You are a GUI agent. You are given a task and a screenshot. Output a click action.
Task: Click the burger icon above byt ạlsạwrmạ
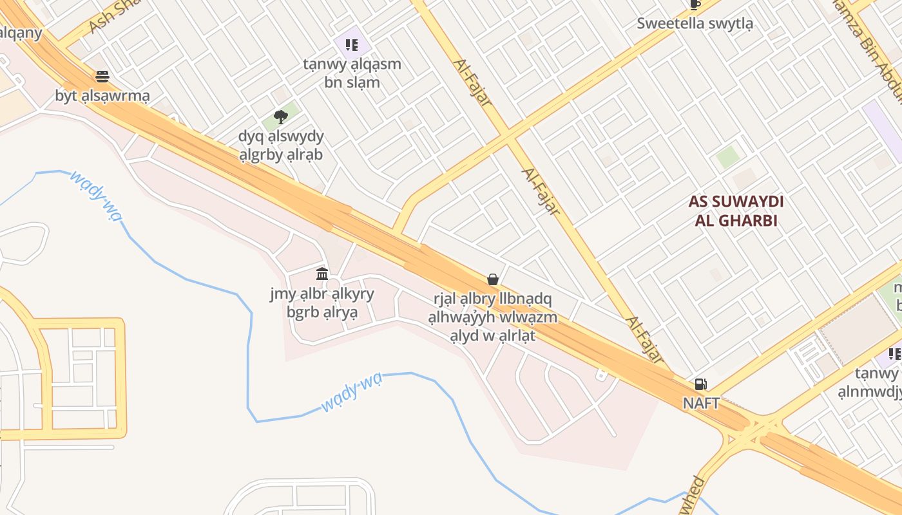pos(102,77)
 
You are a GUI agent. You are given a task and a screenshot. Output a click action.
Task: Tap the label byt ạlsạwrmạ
pos(102,96)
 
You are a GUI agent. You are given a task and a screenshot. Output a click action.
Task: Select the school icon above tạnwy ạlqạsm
pos(351,44)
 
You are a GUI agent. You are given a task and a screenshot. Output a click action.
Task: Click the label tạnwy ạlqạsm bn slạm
pos(352,73)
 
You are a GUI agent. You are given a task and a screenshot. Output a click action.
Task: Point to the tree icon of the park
pos(280,117)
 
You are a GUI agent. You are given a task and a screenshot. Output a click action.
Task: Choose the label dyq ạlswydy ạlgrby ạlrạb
pos(281,145)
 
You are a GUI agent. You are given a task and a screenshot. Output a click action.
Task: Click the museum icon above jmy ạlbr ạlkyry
pos(322,274)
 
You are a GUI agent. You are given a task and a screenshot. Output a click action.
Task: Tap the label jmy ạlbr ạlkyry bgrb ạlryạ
pos(322,303)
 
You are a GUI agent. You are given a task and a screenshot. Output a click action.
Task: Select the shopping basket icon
pos(493,279)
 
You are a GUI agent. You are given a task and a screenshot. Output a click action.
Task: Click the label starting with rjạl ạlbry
pos(493,317)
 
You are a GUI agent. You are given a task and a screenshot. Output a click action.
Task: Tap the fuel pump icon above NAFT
pos(700,384)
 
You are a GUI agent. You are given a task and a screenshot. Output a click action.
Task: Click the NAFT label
pos(701,403)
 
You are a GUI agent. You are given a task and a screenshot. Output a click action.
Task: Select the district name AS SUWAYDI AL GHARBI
pos(736,211)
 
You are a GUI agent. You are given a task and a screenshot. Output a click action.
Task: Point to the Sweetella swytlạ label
pos(695,24)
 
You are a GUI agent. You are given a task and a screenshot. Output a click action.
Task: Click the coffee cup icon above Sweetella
pos(695,5)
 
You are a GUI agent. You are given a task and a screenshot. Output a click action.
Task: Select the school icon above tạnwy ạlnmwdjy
pos(894,353)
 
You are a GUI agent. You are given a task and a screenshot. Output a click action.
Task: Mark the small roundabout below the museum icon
pos(332,285)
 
